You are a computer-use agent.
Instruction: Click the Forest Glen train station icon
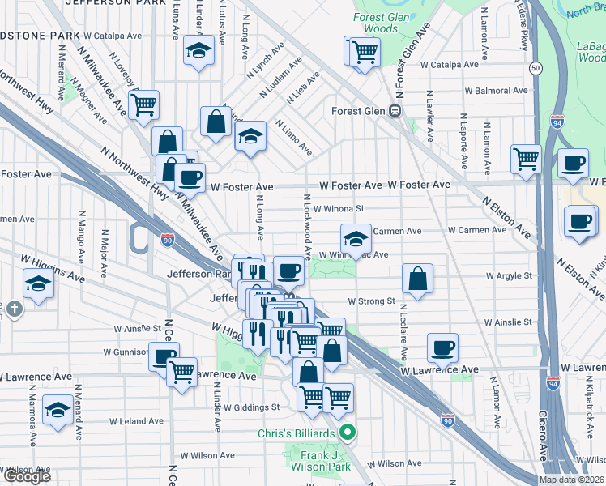(x=396, y=111)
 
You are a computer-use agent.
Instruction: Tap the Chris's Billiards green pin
(x=348, y=433)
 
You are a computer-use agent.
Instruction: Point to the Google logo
(x=26, y=475)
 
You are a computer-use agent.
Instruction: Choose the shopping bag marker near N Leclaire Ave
(x=418, y=279)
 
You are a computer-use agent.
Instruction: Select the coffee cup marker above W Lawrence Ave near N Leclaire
(x=442, y=347)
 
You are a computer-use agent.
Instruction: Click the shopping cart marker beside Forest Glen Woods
(x=364, y=53)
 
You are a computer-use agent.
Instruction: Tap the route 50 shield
(x=536, y=69)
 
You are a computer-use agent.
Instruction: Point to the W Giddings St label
(x=252, y=407)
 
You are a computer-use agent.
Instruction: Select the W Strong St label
(x=370, y=301)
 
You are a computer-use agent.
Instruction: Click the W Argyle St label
(x=509, y=275)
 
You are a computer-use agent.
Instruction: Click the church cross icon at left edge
(x=13, y=309)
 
